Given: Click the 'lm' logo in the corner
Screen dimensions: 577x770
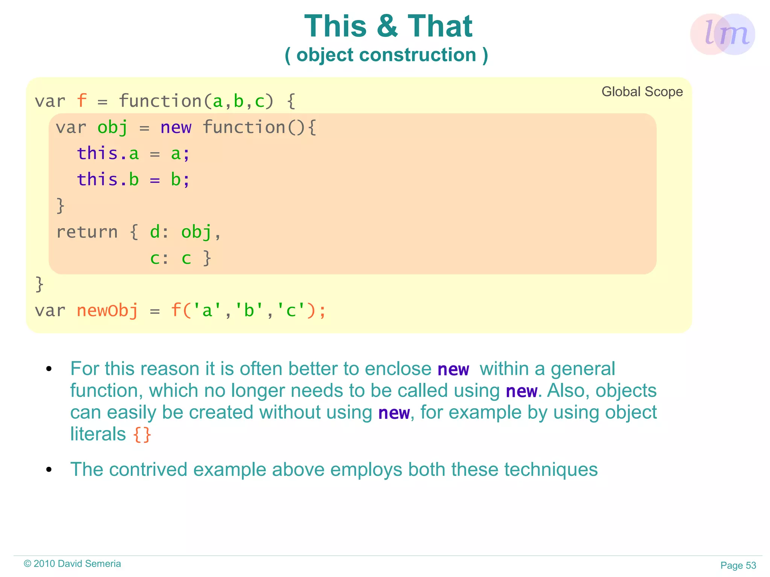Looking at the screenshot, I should pyautogui.click(x=722, y=34).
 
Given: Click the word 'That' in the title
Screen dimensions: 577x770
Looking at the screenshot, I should pyautogui.click(x=440, y=26).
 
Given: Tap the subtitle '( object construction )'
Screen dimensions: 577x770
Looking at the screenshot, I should pyautogui.click(x=386, y=55).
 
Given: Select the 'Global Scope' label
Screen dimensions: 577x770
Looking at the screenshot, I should pyautogui.click(x=642, y=92).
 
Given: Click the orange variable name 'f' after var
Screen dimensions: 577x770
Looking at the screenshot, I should pyautogui.click(x=82, y=101).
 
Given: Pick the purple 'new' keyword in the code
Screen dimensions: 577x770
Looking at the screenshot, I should pyautogui.click(x=176, y=127).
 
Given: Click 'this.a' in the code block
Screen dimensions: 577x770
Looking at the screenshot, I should pyautogui.click(x=108, y=154).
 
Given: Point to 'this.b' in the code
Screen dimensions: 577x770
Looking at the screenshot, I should pyautogui.click(x=108, y=180).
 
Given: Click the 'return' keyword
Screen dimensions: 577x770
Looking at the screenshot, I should pyautogui.click(x=87, y=232).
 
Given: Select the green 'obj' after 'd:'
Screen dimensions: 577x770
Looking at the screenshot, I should pyautogui.click(x=196, y=232).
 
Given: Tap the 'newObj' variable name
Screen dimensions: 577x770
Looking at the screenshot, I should pyautogui.click(x=108, y=311).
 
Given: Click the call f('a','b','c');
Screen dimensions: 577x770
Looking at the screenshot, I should pyautogui.click(x=248, y=311).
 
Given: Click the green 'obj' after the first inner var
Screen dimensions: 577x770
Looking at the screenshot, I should pyautogui.click(x=112, y=127).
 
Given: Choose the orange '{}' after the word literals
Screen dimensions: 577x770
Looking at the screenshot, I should pyautogui.click(x=142, y=435).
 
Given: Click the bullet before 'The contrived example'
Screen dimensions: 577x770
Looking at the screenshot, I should pyautogui.click(x=49, y=469).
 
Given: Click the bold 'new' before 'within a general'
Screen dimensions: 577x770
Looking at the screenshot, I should pyautogui.click(x=453, y=370).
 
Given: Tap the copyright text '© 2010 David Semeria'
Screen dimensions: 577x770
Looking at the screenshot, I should pyautogui.click(x=72, y=563).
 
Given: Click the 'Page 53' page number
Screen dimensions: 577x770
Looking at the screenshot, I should pyautogui.click(x=738, y=565).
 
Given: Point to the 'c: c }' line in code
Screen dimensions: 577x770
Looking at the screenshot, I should pyautogui.click(x=180, y=258).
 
